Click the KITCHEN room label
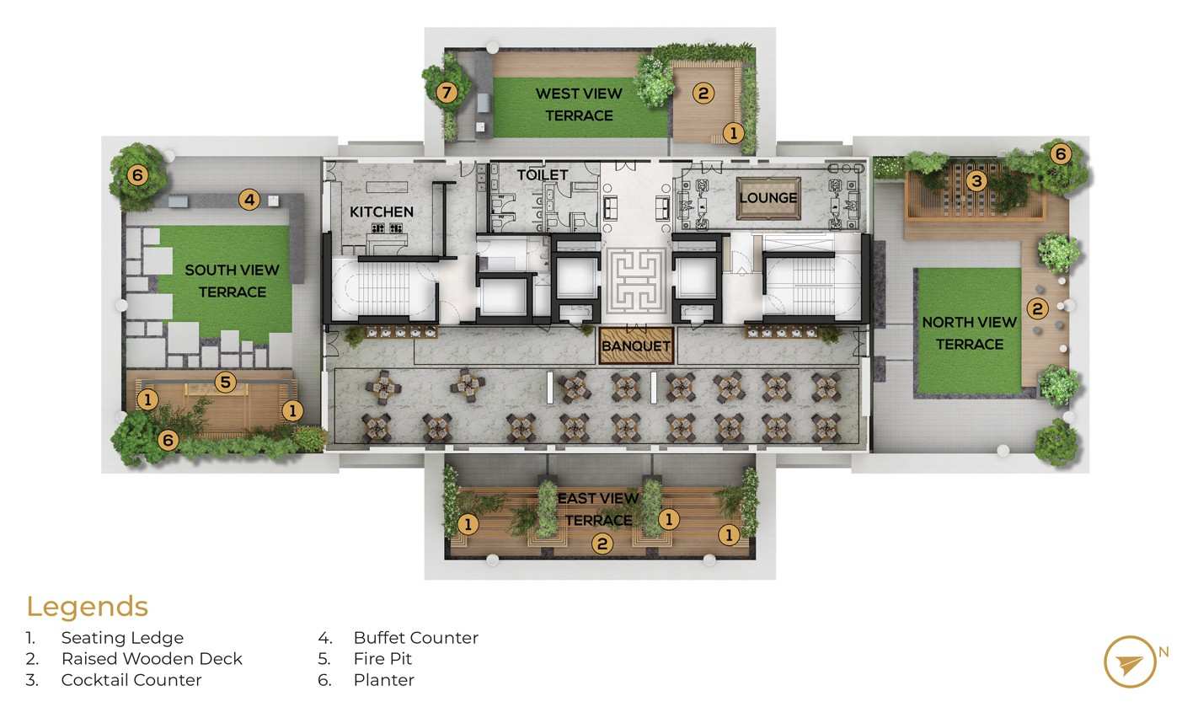382,212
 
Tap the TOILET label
543,175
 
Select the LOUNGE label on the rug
768,198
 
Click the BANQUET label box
636,346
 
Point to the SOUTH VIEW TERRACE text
233,281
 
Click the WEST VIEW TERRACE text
580,104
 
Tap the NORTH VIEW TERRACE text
969,333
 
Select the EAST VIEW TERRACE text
598,509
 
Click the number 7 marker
447,93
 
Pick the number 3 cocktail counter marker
976,181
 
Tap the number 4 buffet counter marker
249,200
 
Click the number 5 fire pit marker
225,382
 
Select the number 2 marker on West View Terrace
703,94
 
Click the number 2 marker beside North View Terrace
1038,308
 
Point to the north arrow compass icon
1130,661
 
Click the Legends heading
87,607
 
